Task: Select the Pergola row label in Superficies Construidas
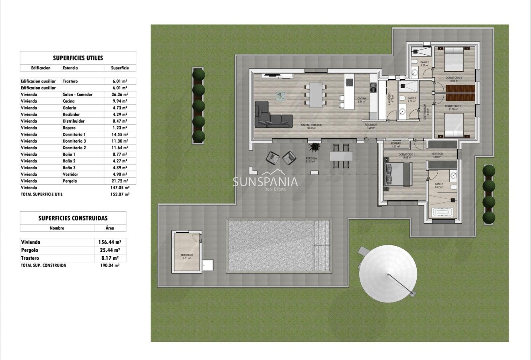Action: point(30,250)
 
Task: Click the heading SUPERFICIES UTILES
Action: point(78,58)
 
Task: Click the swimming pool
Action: point(279,246)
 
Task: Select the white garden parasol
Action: point(388,274)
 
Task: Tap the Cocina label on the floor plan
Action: point(362,99)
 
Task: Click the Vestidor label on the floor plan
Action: point(437,154)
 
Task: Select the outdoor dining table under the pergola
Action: point(341,156)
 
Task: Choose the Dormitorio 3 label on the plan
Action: point(453,107)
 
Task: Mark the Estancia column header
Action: point(70,68)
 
